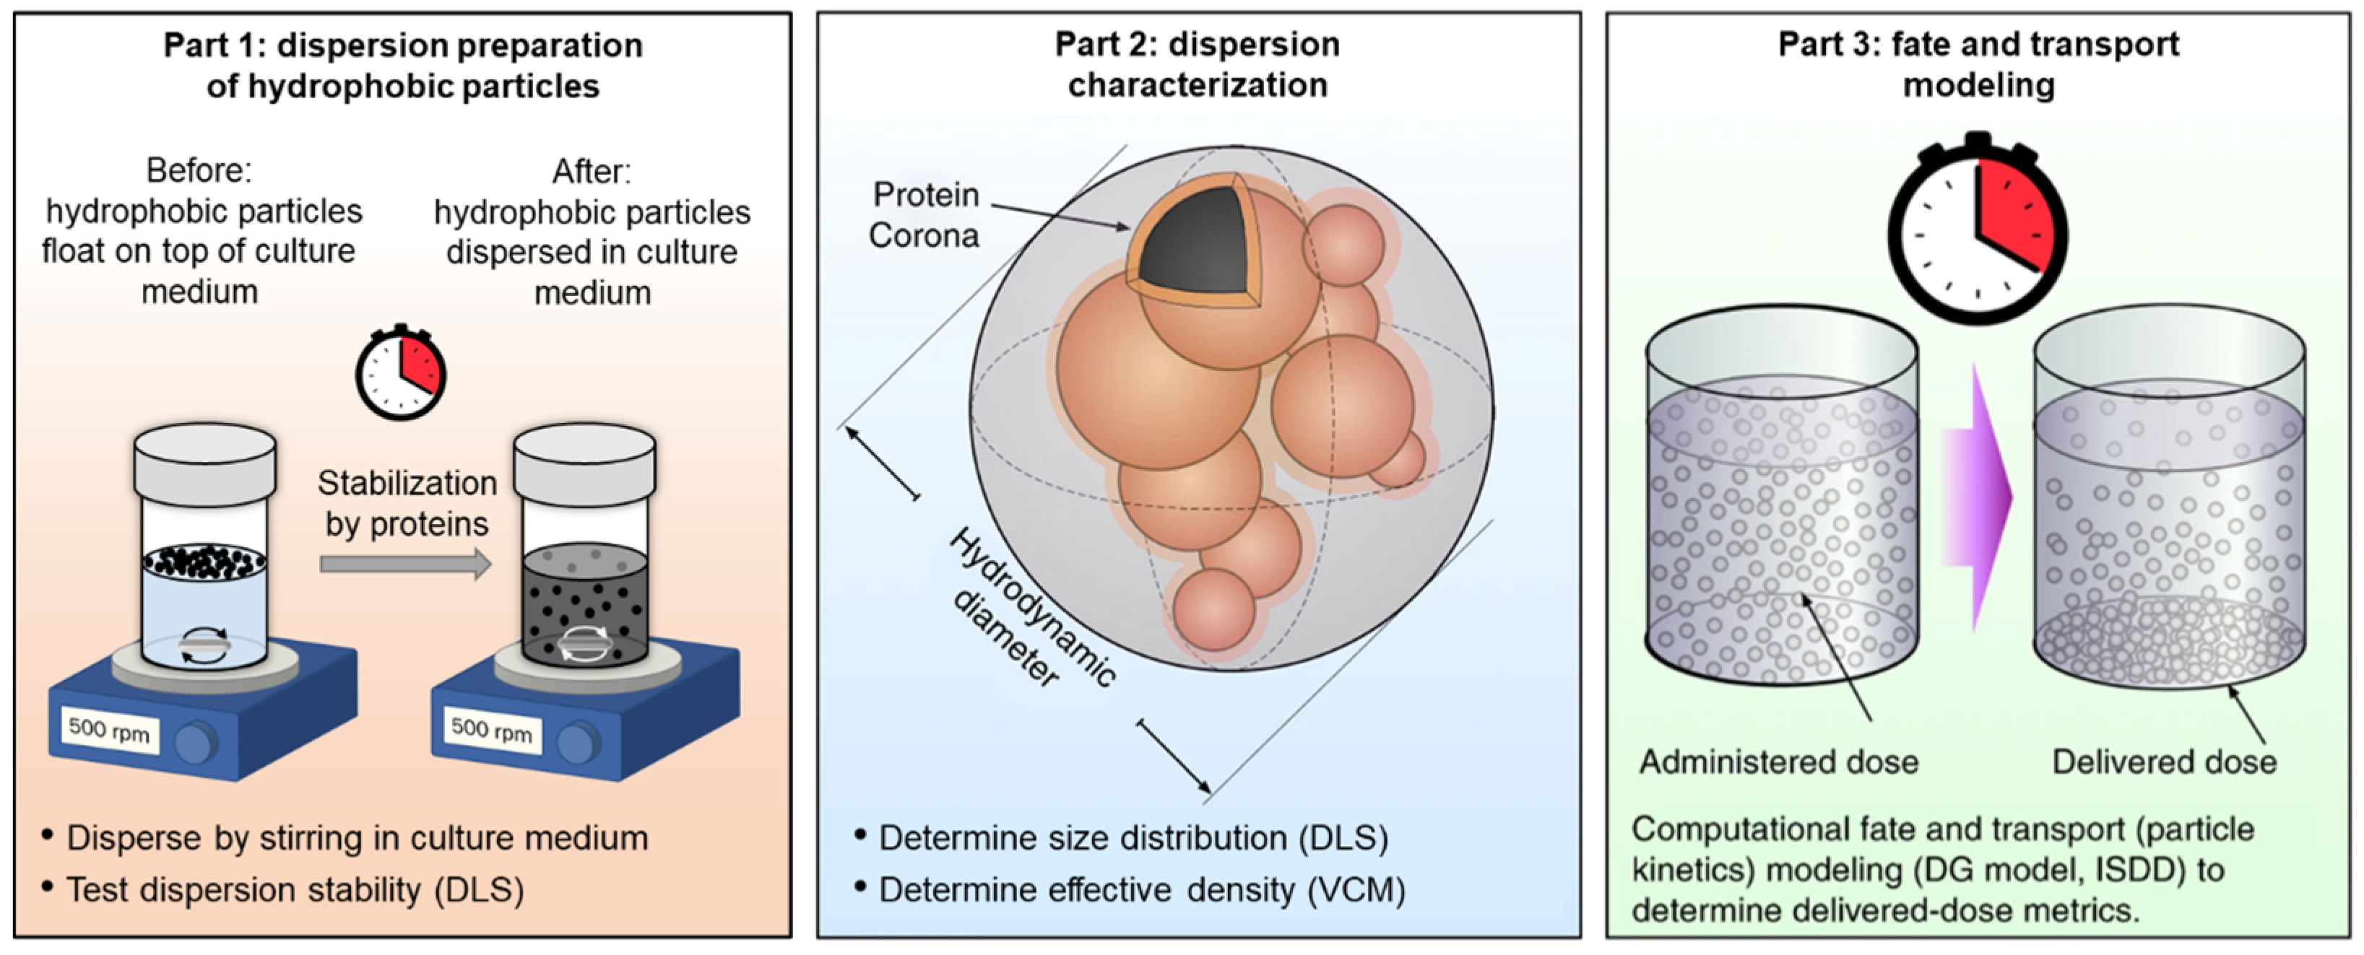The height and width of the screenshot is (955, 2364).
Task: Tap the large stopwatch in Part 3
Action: tap(1978, 231)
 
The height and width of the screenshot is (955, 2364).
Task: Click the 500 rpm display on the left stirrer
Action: tap(109, 731)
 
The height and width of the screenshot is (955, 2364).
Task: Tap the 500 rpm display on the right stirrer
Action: tap(492, 731)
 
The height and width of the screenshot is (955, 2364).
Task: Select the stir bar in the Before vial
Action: tap(204, 646)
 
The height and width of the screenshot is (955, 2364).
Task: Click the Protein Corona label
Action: tap(924, 214)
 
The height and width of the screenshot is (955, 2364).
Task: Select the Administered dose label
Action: tap(1778, 762)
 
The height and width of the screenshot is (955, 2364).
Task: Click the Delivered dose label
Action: tap(2164, 762)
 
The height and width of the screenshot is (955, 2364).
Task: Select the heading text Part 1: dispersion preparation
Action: tap(403, 45)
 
